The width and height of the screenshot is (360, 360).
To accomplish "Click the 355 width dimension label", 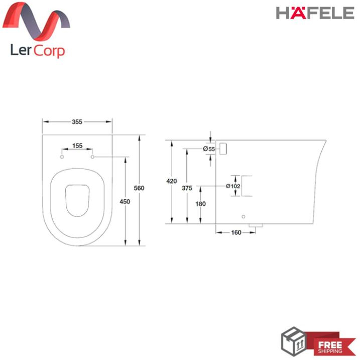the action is pyautogui.click(x=77, y=122).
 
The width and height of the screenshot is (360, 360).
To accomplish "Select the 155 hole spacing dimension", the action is pyautogui.click(x=77, y=146).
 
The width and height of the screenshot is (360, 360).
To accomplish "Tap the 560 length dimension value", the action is pyautogui.click(x=139, y=188).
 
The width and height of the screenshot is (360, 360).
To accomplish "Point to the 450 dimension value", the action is pyautogui.click(x=125, y=201).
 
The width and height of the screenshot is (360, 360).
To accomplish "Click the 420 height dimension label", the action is pyautogui.click(x=172, y=181).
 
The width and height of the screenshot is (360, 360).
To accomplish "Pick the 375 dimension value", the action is pyautogui.click(x=187, y=188).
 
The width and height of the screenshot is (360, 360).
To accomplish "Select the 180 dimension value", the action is pyautogui.click(x=201, y=204).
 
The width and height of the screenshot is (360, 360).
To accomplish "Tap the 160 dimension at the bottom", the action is pyautogui.click(x=236, y=232).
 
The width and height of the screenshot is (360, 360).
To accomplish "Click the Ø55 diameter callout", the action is pyautogui.click(x=209, y=149).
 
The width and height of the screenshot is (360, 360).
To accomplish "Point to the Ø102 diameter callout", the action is pyautogui.click(x=233, y=186).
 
